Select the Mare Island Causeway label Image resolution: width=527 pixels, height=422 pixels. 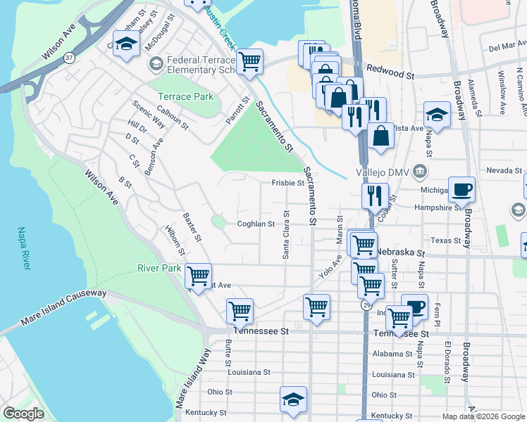(63, 307)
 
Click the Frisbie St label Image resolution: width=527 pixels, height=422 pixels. (287, 183)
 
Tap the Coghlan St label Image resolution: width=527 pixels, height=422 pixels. (256, 224)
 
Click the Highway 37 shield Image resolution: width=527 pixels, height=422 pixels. (69, 60)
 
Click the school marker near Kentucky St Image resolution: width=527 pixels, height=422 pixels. (293, 399)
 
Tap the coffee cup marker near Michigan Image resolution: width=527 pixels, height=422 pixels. (461, 189)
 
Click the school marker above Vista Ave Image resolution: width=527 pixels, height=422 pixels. (437, 115)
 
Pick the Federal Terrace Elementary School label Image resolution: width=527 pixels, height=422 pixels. (200, 65)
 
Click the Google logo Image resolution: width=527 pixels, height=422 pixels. (23, 414)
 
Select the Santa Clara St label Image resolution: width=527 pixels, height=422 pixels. (286, 235)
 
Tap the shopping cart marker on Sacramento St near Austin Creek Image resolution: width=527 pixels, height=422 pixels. (249, 61)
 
